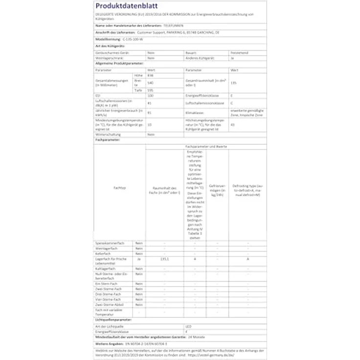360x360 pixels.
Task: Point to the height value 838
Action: coord(150,75)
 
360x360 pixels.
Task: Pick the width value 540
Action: coord(150,83)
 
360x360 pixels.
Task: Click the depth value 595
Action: coord(150,90)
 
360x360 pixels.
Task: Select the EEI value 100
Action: coord(150,96)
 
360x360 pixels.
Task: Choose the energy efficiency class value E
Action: coord(231,96)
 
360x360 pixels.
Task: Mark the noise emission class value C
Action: coord(231,104)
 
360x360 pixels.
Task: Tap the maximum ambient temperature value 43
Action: coord(231,125)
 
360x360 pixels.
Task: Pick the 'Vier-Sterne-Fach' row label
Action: coord(109,299)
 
